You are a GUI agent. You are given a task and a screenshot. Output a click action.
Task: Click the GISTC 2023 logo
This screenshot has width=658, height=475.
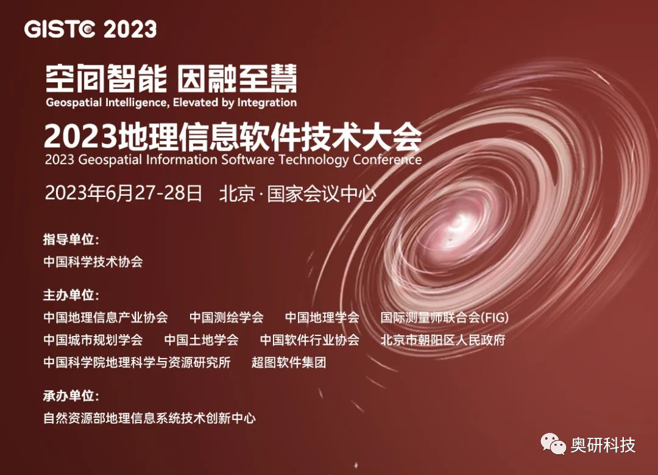(90, 29)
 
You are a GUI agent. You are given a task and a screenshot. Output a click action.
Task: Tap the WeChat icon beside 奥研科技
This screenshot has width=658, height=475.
(553, 445)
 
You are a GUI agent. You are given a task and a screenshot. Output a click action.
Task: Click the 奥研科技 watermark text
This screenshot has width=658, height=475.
(603, 445)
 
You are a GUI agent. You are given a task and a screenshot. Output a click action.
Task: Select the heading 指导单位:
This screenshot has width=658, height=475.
(71, 240)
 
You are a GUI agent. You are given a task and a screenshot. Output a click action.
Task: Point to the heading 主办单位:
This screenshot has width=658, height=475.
(71, 295)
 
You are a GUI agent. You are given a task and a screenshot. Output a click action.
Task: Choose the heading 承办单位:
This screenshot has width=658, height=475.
(71, 396)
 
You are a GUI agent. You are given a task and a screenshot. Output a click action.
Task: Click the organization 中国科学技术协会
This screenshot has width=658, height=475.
(93, 262)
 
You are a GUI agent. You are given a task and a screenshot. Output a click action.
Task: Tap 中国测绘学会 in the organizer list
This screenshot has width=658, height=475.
(227, 317)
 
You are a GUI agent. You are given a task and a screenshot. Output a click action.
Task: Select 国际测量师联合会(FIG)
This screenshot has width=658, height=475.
(444, 317)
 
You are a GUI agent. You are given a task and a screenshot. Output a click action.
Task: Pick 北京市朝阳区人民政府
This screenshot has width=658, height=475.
(443, 340)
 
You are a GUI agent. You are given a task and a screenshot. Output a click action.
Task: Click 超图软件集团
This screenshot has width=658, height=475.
(289, 362)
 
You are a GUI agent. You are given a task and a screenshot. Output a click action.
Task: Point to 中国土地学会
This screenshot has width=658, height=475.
(202, 340)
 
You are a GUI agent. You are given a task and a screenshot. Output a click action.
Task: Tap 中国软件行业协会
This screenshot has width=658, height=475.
(310, 340)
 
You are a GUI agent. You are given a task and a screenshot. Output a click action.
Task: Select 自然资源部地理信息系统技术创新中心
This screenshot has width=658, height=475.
(149, 418)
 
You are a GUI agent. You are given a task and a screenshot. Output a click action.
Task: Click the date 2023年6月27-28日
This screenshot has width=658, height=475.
(123, 193)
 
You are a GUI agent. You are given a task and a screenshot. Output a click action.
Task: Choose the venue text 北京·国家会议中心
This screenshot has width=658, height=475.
(297, 194)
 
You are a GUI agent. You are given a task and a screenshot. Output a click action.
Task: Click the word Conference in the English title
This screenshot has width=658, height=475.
(387, 160)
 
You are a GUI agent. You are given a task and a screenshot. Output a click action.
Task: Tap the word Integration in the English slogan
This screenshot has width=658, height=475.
(267, 102)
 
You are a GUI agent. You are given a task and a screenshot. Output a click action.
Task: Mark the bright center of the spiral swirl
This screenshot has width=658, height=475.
(458, 223)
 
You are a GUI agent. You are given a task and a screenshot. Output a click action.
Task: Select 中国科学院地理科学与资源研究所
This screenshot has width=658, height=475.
(137, 362)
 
